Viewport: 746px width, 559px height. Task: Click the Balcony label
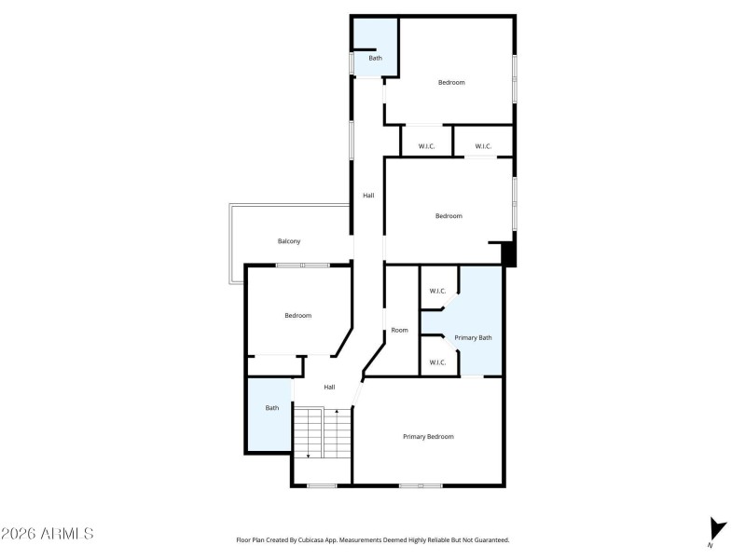(x=289, y=241)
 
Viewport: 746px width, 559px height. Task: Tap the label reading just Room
(x=399, y=330)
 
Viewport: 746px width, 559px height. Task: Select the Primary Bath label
(x=473, y=337)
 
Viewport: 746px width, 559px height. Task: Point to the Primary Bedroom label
(x=428, y=436)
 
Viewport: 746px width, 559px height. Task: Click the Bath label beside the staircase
(x=272, y=407)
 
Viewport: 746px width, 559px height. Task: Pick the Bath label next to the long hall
(x=375, y=59)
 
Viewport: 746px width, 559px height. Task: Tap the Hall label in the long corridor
(x=368, y=195)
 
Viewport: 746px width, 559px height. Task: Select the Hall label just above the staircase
(x=329, y=387)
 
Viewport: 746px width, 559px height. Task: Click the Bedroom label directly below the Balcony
(x=297, y=316)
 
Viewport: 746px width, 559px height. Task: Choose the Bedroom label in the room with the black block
(x=449, y=216)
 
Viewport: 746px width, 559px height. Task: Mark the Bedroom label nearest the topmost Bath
(x=451, y=83)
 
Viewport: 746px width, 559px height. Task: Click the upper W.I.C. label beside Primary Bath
(x=437, y=292)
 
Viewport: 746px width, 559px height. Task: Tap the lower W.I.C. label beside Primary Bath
(x=437, y=361)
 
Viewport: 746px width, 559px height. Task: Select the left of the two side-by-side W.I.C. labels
(x=427, y=146)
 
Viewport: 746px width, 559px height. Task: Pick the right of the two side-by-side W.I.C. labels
(x=483, y=146)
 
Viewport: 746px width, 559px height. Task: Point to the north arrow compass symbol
(x=716, y=529)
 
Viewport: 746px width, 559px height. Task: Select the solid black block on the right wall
(x=508, y=254)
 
